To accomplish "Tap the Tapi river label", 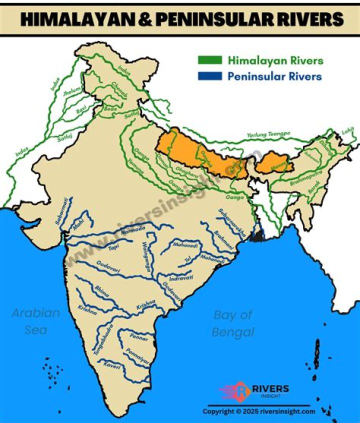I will pos(114,246).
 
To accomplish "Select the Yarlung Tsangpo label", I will pos(268,135).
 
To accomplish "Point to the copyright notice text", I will pos(259,411).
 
